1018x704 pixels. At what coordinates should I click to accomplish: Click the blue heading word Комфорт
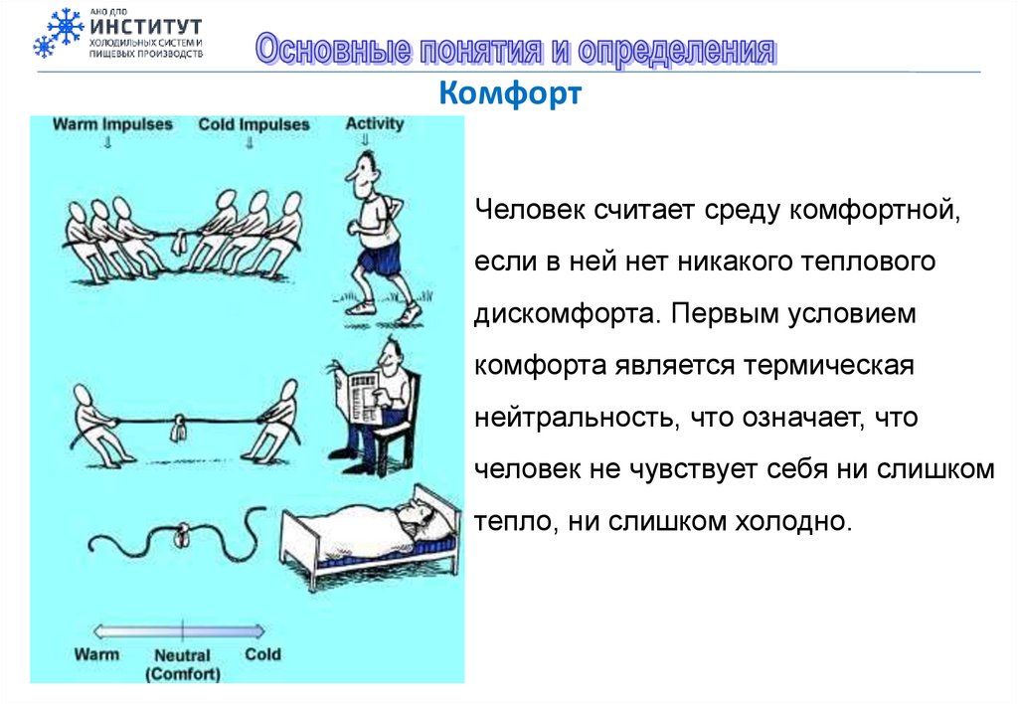point(509,95)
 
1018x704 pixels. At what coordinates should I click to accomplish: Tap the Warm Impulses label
point(111,125)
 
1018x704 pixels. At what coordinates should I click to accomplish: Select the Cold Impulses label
point(254,125)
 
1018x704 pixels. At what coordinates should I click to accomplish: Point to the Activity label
point(375,124)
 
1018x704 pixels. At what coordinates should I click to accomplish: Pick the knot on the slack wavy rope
point(183,537)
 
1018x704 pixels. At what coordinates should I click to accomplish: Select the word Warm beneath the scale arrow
point(96,653)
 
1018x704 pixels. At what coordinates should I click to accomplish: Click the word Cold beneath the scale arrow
point(262,653)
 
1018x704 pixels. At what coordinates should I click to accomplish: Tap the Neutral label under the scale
point(182,656)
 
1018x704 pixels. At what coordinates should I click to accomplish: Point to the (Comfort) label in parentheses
point(182,674)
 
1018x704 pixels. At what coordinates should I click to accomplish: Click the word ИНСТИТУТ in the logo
point(145,26)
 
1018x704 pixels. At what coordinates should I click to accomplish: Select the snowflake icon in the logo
point(58,32)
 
